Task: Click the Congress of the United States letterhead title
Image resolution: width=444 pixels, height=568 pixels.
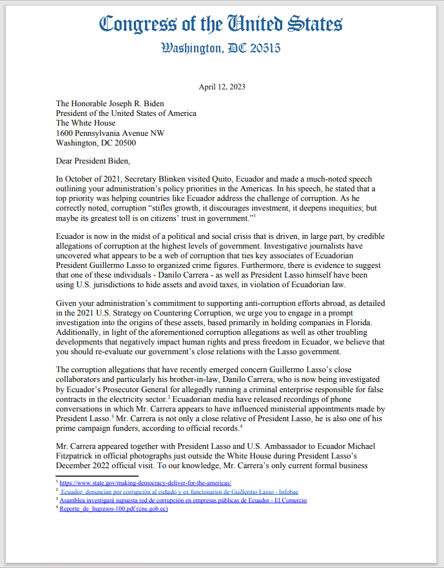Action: (222, 25)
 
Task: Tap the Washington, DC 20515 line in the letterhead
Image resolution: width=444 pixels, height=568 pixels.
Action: (221, 48)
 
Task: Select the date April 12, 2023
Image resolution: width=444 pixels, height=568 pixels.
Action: (222, 86)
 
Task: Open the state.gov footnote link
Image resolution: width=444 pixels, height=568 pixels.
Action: (146, 482)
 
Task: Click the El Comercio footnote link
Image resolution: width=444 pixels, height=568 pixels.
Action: (184, 500)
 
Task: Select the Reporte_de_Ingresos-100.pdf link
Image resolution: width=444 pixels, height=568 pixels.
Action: (113, 509)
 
